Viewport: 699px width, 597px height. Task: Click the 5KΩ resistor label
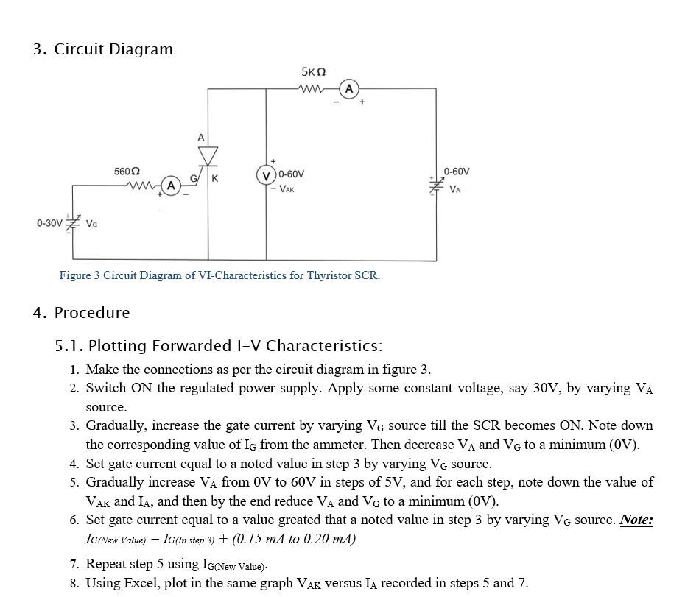[314, 71]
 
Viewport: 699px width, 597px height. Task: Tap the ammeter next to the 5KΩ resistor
[348, 90]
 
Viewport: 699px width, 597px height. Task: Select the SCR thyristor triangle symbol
[208, 155]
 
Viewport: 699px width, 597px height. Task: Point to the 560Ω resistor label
[127, 171]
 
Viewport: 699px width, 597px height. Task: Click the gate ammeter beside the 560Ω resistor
[170, 185]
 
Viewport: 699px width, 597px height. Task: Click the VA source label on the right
[457, 189]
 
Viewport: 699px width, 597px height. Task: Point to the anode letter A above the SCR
[200, 137]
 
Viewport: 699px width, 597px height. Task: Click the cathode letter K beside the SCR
[214, 178]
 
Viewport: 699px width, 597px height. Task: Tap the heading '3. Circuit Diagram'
[103, 49]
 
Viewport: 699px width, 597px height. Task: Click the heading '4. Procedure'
[81, 312]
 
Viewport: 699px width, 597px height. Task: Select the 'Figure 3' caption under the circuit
[219, 275]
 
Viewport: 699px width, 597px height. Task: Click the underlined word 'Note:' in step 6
[636, 520]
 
